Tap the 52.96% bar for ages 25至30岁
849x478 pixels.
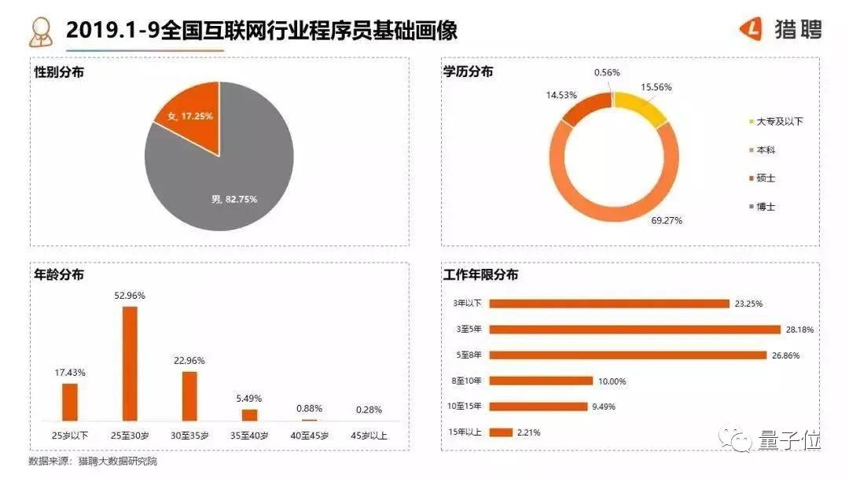130,363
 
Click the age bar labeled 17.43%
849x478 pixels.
70,401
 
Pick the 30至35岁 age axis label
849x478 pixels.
189,434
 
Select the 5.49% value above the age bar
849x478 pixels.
249,399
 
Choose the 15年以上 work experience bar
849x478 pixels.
501,432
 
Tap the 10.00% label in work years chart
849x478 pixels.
612,381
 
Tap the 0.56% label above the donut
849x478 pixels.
607,72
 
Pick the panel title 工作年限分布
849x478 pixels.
480,275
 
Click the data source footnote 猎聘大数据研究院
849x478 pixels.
117,461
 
